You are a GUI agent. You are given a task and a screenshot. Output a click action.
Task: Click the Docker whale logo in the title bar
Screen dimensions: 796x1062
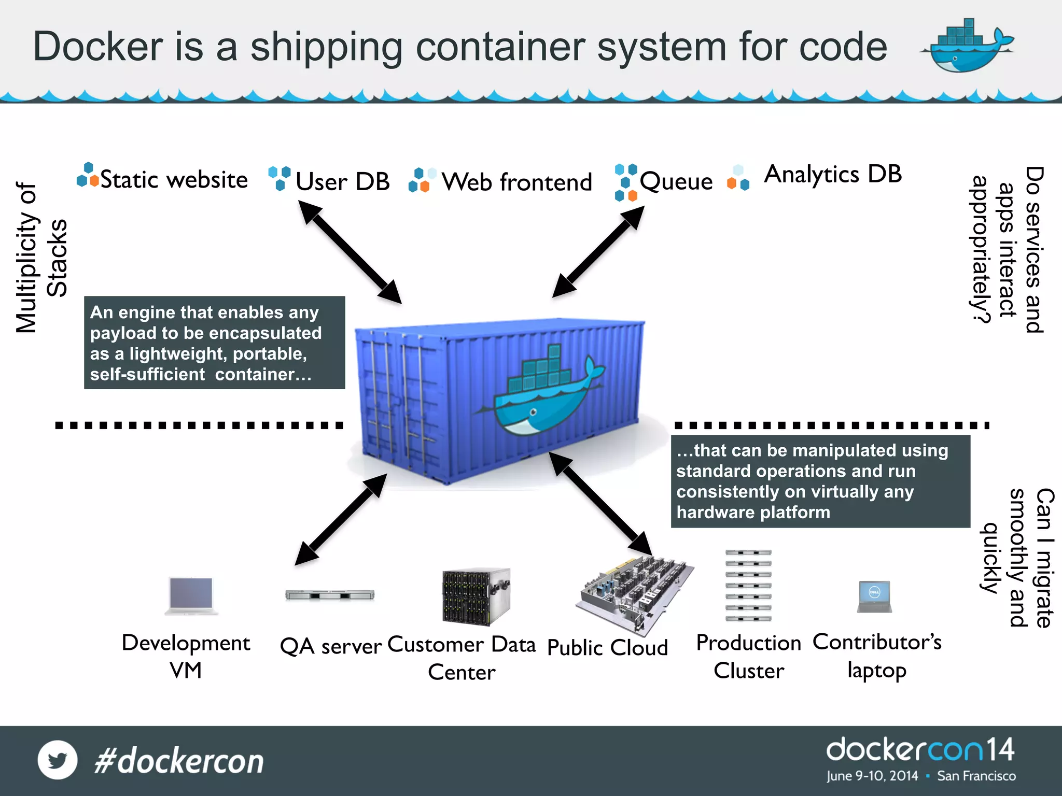(967, 47)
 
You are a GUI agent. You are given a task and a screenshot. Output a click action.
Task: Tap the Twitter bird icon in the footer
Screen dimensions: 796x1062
(58, 760)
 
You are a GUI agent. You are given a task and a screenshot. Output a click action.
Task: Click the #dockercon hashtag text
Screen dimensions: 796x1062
(179, 761)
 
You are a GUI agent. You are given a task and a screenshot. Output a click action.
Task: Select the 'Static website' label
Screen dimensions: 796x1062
(173, 180)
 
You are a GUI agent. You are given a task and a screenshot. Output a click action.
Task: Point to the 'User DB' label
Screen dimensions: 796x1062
(342, 181)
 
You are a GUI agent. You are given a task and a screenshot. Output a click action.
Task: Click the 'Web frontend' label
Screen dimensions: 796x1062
(516, 182)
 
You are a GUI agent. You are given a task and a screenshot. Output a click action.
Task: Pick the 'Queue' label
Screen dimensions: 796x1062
(676, 181)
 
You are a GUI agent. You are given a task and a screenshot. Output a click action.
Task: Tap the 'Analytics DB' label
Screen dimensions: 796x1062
(833, 174)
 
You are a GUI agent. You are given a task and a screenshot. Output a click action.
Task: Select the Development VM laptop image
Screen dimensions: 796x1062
(191, 595)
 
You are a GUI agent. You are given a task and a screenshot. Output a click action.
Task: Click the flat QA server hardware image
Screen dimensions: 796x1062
(330, 595)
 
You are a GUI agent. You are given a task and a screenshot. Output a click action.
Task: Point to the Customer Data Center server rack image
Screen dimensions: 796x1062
(476, 596)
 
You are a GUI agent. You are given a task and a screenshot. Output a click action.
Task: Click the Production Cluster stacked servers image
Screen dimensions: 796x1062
(748, 586)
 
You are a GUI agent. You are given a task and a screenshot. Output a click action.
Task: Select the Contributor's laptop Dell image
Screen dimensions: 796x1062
(874, 596)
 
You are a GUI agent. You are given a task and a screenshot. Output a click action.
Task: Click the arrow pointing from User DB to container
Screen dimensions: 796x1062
(350, 252)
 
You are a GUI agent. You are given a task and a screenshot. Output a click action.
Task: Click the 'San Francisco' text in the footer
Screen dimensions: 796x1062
(976, 776)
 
